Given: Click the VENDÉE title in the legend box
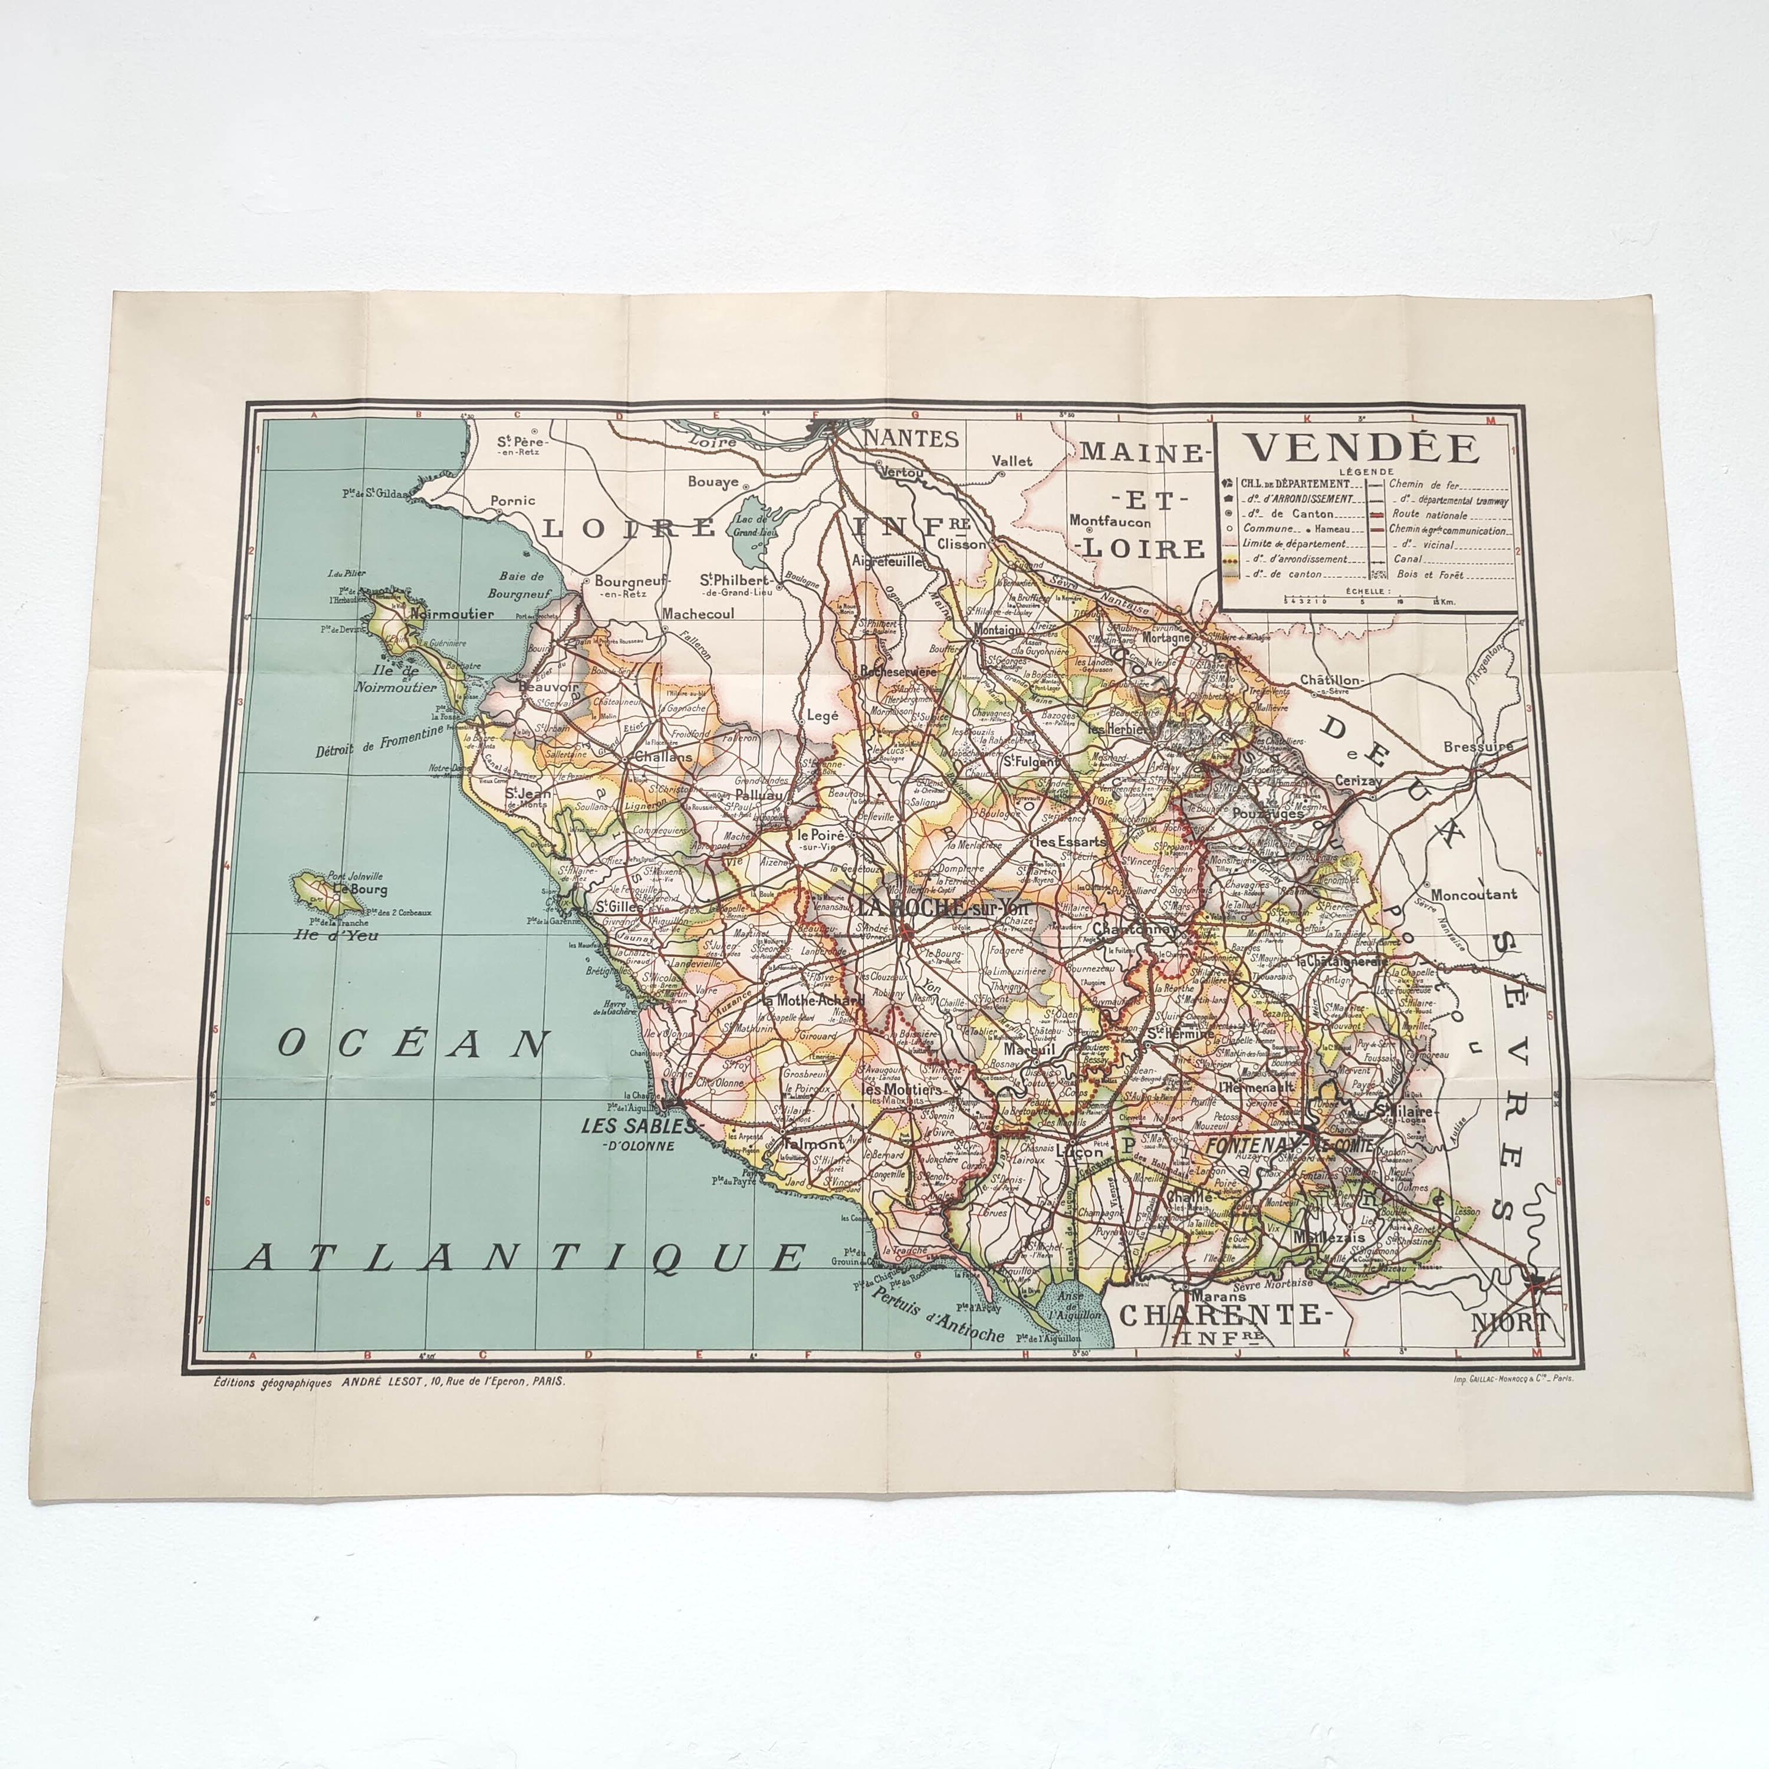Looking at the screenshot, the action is point(1363,448).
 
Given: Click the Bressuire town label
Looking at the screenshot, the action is point(1478,747).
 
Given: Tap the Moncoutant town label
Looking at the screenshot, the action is point(1473,895).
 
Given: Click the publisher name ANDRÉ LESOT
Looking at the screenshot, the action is point(384,1383).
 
